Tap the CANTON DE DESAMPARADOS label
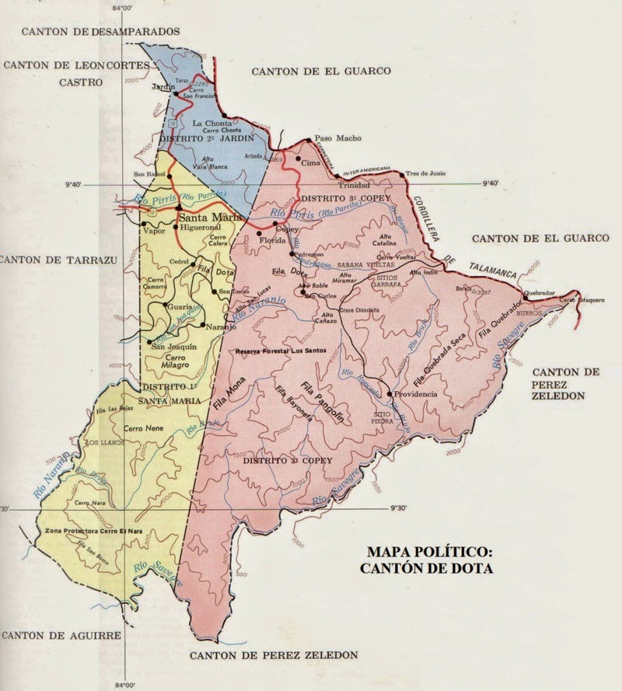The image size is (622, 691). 101,32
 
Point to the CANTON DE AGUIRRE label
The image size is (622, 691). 61,635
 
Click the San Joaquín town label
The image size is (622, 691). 173,347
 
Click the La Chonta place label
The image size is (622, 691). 208,123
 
